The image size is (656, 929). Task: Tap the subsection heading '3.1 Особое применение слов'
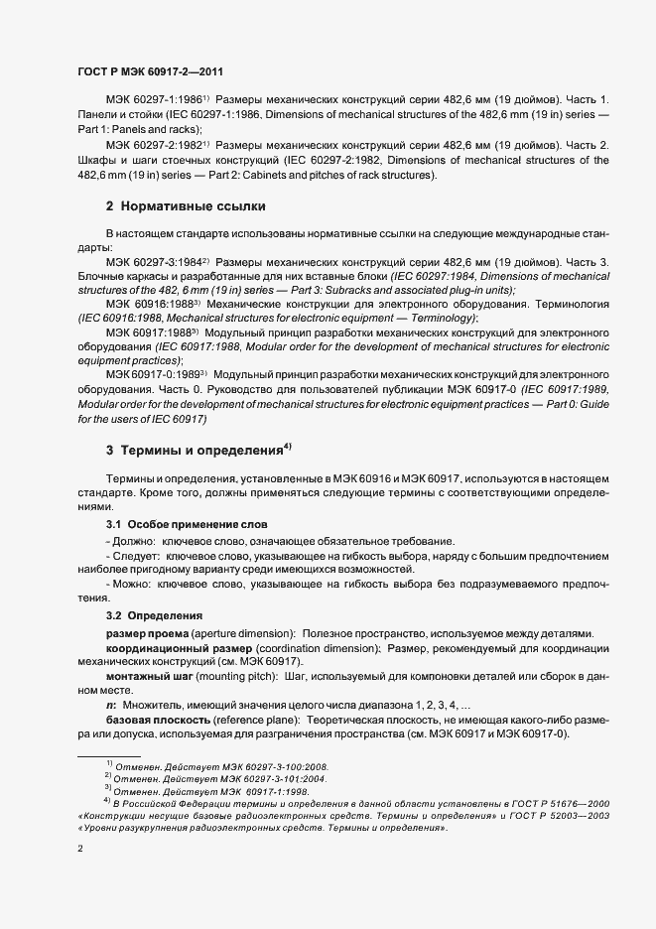pos(187,523)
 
